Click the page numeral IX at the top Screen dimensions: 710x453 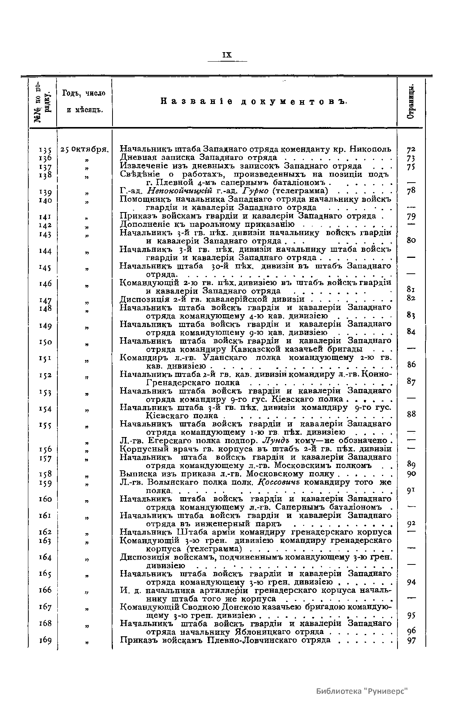227,55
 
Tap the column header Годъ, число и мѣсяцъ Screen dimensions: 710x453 84,102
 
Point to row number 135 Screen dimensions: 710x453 45,150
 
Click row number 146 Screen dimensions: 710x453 45,284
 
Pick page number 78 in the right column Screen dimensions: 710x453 411,191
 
